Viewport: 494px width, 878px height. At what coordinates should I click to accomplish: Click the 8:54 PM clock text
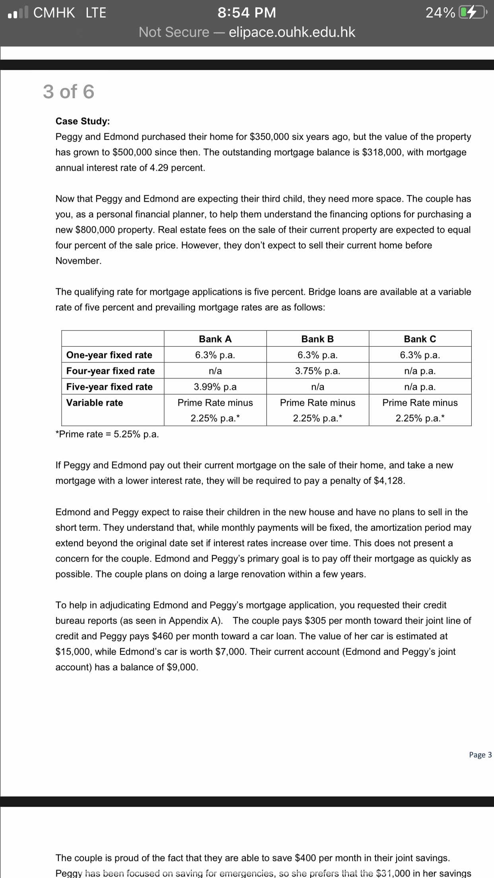247,13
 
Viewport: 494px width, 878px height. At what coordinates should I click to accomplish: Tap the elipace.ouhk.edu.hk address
292,32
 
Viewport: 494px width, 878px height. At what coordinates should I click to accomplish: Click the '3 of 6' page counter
68,91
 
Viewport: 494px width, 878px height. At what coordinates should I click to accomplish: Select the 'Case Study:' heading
83,121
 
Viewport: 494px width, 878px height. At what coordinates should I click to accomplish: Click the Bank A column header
215,339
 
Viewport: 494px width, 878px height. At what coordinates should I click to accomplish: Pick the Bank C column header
420,339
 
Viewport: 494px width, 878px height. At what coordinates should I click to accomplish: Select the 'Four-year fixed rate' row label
110,371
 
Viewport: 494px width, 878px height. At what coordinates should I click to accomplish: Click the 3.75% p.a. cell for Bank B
317,371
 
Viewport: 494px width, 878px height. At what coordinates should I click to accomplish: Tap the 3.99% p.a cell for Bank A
215,387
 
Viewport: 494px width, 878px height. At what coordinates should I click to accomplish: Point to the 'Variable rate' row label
95,402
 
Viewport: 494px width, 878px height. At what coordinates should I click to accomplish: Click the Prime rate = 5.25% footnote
107,434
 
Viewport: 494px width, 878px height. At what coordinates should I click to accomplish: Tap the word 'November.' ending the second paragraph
78,261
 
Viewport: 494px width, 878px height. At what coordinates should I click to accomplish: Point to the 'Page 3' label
480,755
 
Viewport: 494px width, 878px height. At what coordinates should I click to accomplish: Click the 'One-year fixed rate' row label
109,355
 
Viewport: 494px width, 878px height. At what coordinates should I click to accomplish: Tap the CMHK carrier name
54,13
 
